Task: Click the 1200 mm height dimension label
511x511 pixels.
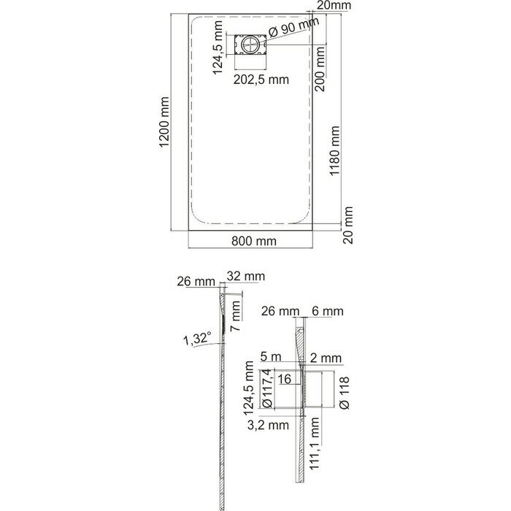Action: (x=164, y=122)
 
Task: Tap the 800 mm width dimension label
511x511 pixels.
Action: (x=254, y=241)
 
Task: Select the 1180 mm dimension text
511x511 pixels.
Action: (x=334, y=151)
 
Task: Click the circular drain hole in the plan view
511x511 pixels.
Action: (x=250, y=45)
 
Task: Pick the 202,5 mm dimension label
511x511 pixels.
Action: (x=261, y=80)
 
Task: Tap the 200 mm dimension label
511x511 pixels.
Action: (x=320, y=69)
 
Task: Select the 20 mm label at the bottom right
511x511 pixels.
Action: (x=348, y=225)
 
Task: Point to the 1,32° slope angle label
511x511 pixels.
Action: (x=198, y=339)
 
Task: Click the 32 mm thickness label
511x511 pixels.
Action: (x=246, y=277)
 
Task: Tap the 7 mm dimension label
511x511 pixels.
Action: (x=235, y=316)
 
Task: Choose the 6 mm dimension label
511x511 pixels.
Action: (x=328, y=311)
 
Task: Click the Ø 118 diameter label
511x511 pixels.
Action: (x=344, y=393)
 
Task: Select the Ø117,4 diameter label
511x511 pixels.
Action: (x=266, y=388)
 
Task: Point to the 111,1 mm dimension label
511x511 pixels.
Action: (x=314, y=444)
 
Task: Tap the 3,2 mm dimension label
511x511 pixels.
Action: (x=268, y=425)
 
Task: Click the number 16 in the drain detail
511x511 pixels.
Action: (x=284, y=379)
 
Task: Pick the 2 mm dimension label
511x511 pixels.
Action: (x=326, y=358)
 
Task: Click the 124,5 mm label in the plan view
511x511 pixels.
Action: (x=218, y=47)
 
